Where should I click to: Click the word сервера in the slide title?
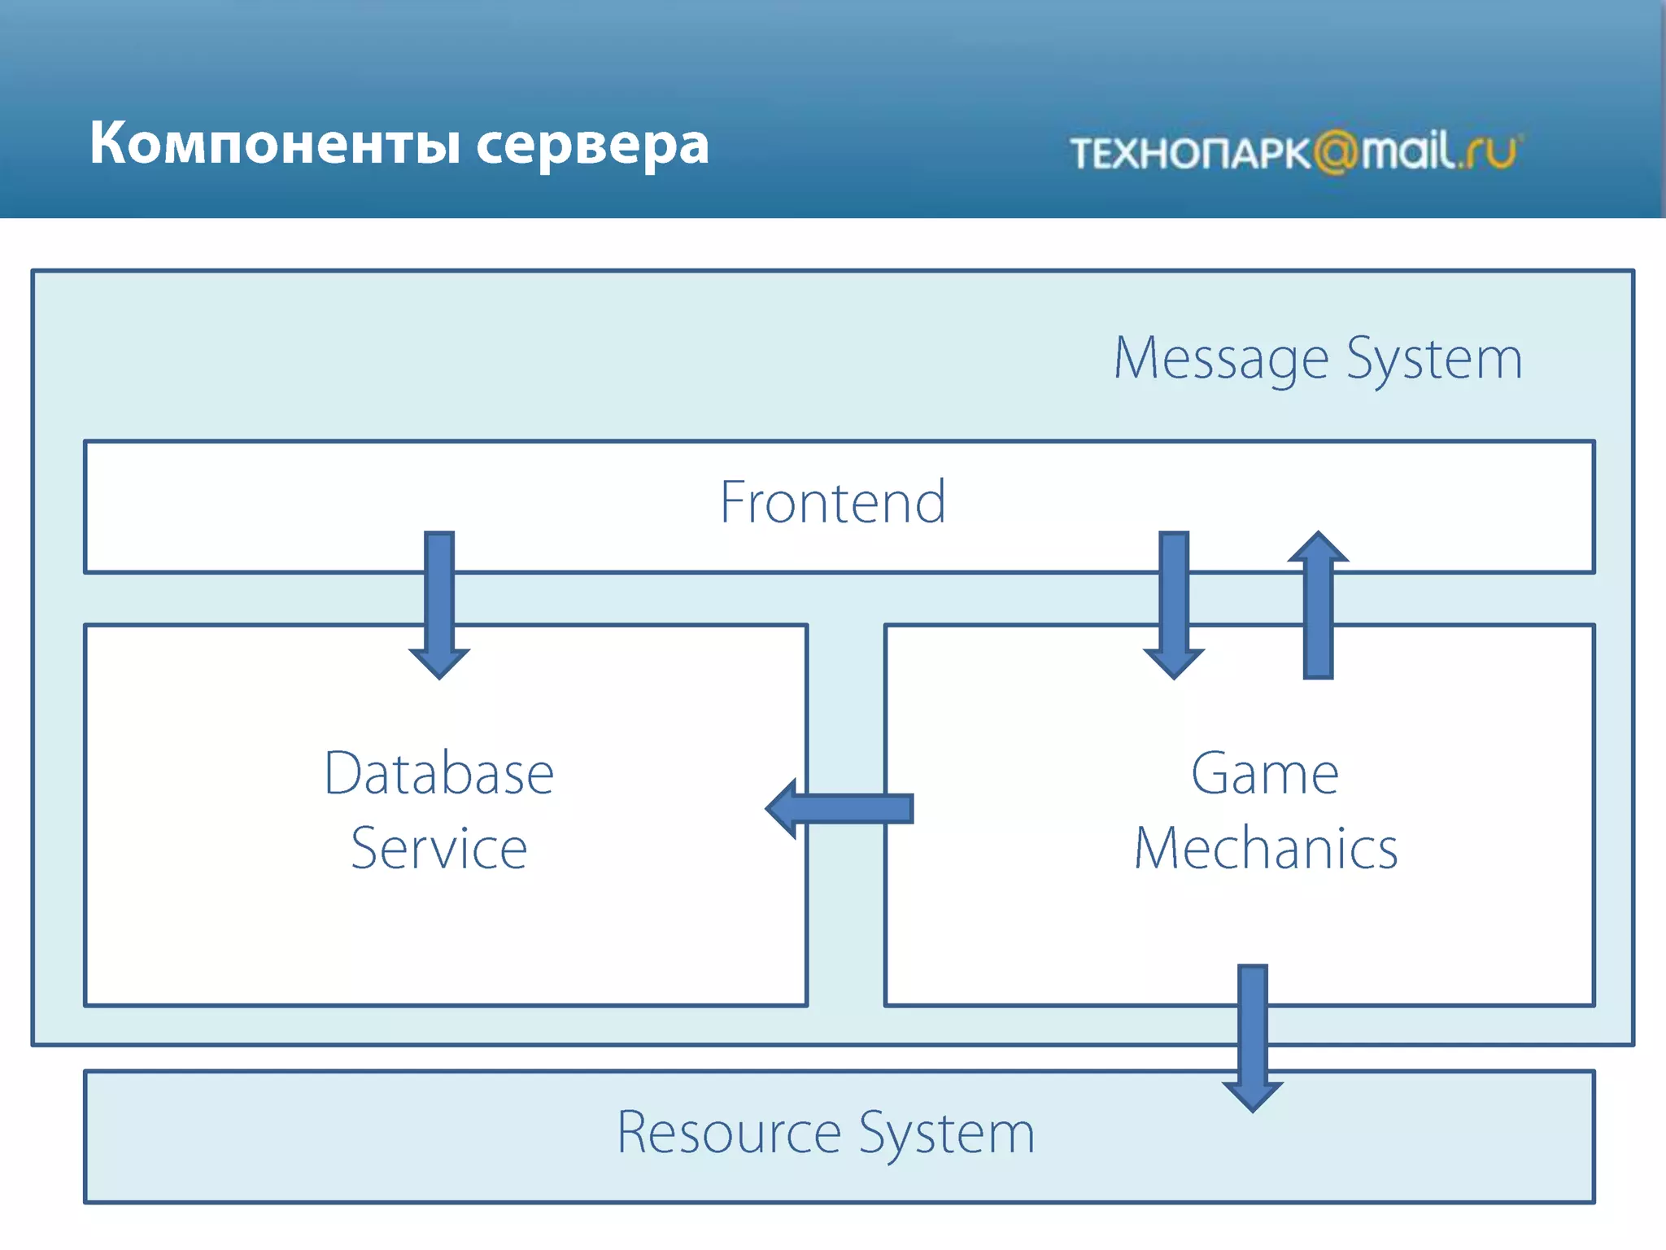tap(592, 145)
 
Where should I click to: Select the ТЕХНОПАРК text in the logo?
tap(1189, 153)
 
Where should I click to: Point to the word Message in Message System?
tap(1220, 358)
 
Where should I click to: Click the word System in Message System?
tap(1434, 358)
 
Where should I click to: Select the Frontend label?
tap(833, 502)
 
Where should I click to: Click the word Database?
tap(439, 773)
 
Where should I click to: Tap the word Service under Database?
tap(439, 849)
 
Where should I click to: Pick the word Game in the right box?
tap(1265, 773)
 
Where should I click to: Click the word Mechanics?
tap(1266, 849)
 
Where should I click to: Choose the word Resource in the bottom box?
tap(728, 1132)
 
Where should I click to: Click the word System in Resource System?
tap(946, 1132)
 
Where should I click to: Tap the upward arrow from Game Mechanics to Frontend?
tap(1318, 605)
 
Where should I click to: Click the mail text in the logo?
tap(1407, 151)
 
